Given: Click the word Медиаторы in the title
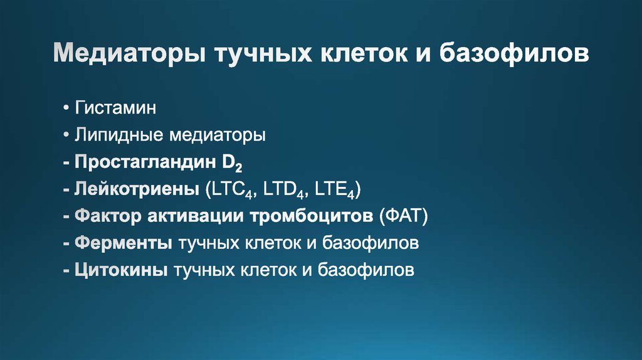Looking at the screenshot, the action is (129, 53).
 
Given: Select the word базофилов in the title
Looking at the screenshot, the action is (514, 53).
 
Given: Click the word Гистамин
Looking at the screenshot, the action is (115, 108).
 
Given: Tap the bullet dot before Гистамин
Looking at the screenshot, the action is (66, 108).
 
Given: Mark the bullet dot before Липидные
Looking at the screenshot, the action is (66, 134).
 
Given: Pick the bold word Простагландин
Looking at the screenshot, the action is (145, 162).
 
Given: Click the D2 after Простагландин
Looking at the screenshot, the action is (232, 163).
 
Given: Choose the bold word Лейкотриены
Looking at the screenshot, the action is (137, 189).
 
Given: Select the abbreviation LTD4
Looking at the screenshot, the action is (283, 190).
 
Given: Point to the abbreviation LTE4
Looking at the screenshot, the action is (334, 190).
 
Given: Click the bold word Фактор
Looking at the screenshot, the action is (108, 216).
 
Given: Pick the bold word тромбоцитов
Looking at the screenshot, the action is (312, 216).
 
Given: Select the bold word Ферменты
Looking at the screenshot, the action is (124, 243).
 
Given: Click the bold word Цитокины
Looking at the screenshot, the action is (121, 270).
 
